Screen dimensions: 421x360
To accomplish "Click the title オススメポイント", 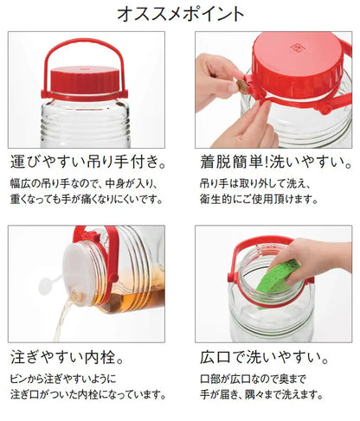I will [179, 14].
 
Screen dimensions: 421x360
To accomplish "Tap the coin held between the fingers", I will [244, 87].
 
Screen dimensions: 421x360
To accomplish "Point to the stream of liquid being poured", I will [54, 320].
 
